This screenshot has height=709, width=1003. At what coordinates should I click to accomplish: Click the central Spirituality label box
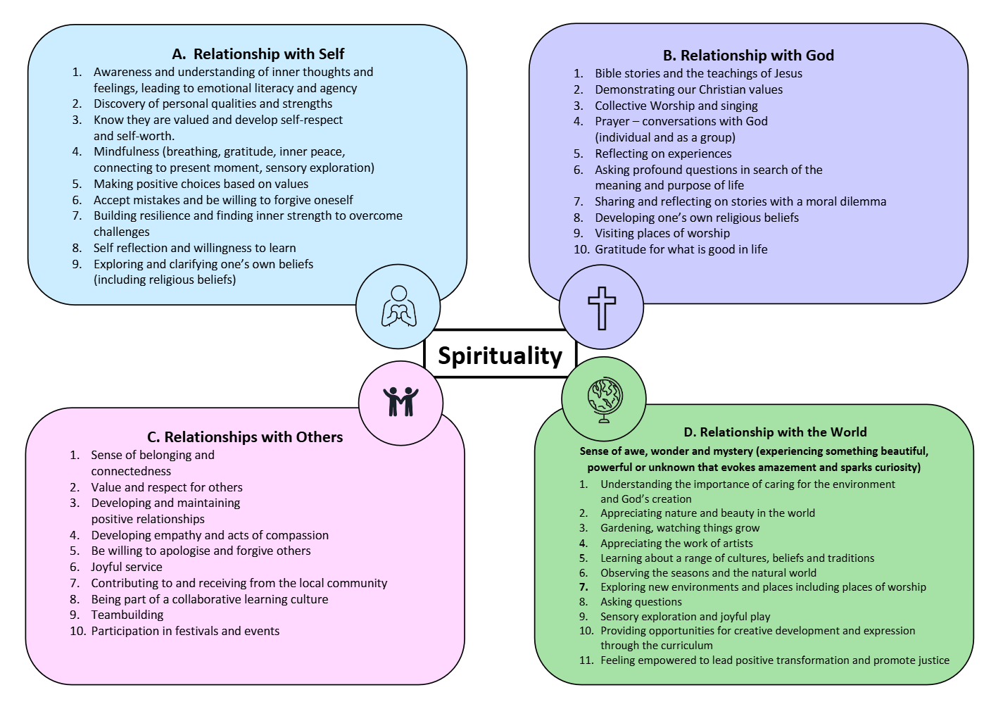tap(500, 355)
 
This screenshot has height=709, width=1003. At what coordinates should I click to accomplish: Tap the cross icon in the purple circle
tap(602, 308)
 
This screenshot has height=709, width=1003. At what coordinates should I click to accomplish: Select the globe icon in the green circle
tap(605, 399)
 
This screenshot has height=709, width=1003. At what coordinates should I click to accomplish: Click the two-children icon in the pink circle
tap(400, 402)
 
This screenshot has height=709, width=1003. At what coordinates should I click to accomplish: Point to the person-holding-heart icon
tap(399, 307)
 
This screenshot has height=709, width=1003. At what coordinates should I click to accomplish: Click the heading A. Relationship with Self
tap(258, 54)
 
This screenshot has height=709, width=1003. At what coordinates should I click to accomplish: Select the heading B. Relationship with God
tap(748, 56)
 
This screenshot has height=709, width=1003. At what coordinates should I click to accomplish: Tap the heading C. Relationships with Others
tap(245, 437)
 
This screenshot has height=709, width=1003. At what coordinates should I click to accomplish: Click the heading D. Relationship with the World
tap(775, 432)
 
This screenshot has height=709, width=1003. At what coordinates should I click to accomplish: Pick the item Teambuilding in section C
tap(127, 615)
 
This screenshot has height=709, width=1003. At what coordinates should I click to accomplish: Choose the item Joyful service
tap(127, 567)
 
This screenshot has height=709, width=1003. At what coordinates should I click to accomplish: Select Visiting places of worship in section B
tap(662, 233)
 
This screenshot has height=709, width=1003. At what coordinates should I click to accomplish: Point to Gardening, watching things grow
tap(680, 528)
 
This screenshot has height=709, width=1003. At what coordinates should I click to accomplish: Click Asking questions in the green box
tap(641, 602)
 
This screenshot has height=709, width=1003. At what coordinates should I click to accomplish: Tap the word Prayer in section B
tap(612, 121)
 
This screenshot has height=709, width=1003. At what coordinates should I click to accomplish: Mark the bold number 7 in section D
tap(583, 587)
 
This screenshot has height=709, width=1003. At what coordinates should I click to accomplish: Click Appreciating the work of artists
tap(676, 544)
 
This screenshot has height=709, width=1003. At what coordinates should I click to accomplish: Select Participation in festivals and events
tap(185, 631)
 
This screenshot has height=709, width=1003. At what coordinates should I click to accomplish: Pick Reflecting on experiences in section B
tap(663, 153)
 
